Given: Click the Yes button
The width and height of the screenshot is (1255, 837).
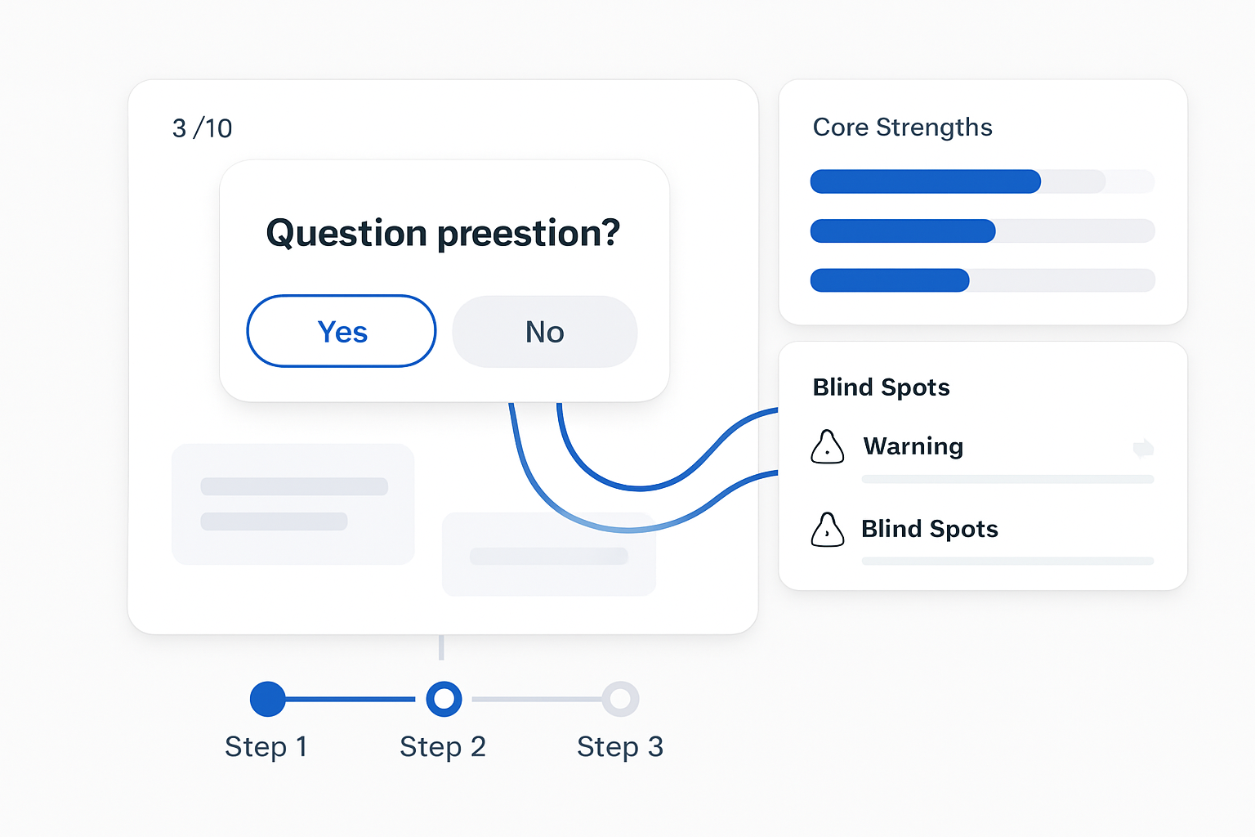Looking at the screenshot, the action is coord(342,331).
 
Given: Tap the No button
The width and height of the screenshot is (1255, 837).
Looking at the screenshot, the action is coord(545,331).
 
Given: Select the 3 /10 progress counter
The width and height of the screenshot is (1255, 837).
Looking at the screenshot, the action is coord(202,128).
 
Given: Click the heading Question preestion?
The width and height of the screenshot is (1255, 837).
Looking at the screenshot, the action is coord(443,233).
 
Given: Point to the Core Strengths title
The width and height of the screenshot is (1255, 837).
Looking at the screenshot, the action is coord(902,128).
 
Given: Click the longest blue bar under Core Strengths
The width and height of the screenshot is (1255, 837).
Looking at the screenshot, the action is coord(926,181).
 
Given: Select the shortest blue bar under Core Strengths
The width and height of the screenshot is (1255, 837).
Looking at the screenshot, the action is coord(890,280).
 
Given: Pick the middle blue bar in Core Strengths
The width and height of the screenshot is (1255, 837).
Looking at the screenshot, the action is coord(903,231).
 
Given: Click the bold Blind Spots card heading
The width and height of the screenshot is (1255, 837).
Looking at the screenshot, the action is coord(881,387).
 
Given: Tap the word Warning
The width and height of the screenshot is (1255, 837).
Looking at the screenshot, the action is coord(913,446).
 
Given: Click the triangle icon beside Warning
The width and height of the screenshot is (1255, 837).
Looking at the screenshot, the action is coord(827,447).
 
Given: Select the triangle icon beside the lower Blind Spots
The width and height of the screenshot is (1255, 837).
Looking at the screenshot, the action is coord(827,529).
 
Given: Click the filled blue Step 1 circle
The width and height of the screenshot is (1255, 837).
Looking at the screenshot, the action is coord(268,699).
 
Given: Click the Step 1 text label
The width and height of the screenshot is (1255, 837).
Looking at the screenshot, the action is coord(266,747).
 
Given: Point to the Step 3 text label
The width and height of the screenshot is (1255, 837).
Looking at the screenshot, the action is coord(620,747).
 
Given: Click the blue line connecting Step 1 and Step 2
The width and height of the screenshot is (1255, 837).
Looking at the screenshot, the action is coord(351,699).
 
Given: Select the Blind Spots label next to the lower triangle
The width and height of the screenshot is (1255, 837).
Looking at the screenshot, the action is coord(930,529).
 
